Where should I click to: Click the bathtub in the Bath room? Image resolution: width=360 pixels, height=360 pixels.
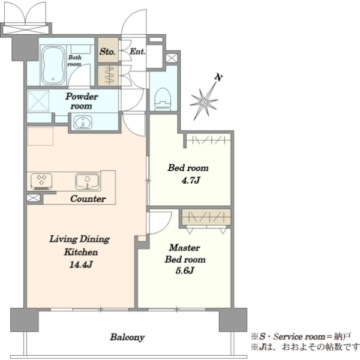click(x=53, y=66)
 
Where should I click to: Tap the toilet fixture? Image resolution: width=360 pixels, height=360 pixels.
click(x=163, y=99)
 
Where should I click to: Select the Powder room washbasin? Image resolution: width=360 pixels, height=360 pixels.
click(x=83, y=122)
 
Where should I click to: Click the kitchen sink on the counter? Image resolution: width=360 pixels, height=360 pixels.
click(x=88, y=182)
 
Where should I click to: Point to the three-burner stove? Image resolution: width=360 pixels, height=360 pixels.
click(x=41, y=181)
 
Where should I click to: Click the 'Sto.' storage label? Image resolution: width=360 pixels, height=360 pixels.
click(x=107, y=52)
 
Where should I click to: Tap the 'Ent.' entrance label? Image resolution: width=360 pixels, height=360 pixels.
click(x=137, y=52)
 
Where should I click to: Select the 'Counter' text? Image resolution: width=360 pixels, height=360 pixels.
click(x=88, y=199)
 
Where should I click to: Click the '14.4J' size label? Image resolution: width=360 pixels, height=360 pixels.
click(x=81, y=265)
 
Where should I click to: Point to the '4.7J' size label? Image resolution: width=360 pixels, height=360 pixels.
click(x=191, y=181)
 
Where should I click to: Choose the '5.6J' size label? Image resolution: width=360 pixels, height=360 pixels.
click(x=185, y=271)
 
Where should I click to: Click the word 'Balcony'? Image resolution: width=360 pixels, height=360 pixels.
click(x=127, y=337)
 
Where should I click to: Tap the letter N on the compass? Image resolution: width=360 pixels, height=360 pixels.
click(x=219, y=77)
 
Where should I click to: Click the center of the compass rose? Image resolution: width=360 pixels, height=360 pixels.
click(x=204, y=102)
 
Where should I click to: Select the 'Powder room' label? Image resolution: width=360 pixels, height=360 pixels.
click(x=82, y=101)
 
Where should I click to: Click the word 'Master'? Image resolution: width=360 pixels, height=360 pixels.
click(x=185, y=248)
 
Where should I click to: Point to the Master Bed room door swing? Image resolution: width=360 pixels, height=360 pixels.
click(x=166, y=228)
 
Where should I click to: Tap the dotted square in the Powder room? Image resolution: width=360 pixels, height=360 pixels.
click(x=38, y=101)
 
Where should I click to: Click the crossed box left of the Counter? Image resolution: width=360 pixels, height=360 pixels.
click(x=34, y=198)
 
